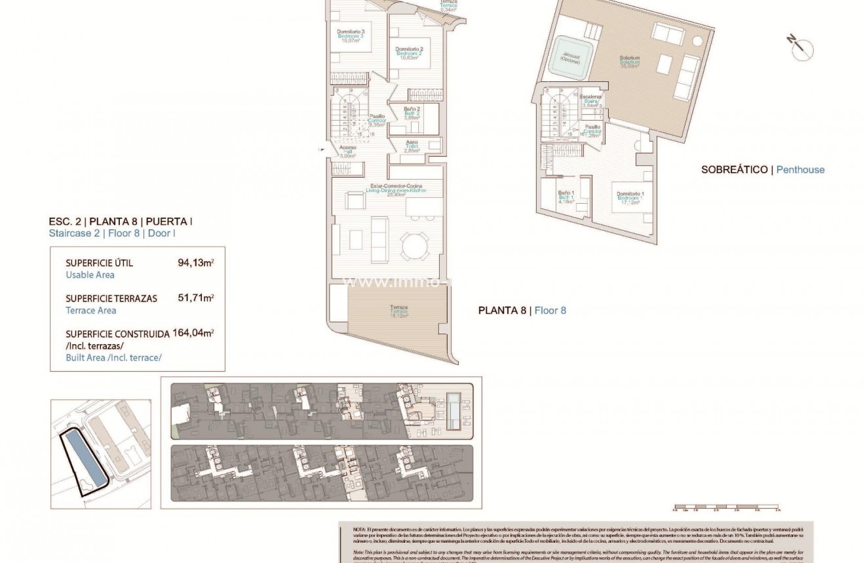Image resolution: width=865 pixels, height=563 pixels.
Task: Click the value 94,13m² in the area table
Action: (x=195, y=263)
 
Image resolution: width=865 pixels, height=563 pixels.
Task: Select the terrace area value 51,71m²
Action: (x=195, y=298)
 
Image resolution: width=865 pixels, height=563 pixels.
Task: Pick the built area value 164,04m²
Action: (x=193, y=333)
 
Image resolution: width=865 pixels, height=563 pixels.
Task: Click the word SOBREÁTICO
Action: (x=734, y=170)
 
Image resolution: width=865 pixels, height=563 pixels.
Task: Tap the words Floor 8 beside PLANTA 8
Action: (x=550, y=311)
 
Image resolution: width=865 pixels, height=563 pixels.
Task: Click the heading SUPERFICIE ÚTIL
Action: (x=99, y=263)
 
